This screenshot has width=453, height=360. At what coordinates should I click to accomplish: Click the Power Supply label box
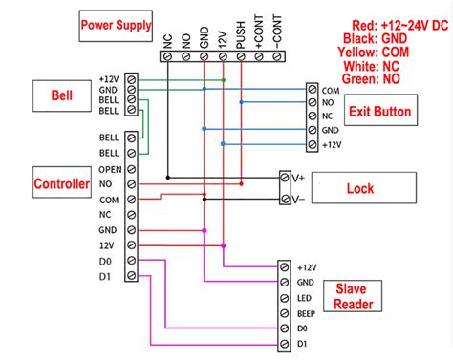point(116,26)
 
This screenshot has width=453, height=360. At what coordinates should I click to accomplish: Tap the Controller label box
point(62,182)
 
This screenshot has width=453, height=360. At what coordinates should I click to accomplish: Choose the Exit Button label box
point(379,113)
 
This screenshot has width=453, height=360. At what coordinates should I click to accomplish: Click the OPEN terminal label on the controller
point(110,168)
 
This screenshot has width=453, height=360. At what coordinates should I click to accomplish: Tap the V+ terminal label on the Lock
point(298,178)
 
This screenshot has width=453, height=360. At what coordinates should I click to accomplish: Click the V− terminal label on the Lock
point(298,200)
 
